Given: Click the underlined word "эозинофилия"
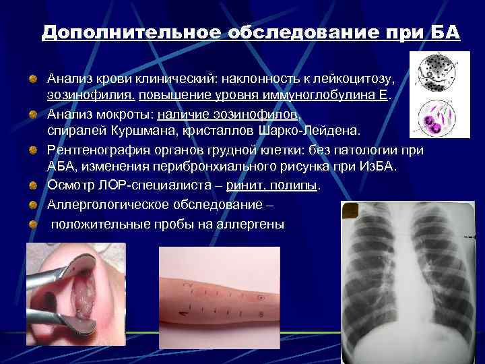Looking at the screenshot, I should [90, 96].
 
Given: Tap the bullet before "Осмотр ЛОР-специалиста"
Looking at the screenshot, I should [32, 185].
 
